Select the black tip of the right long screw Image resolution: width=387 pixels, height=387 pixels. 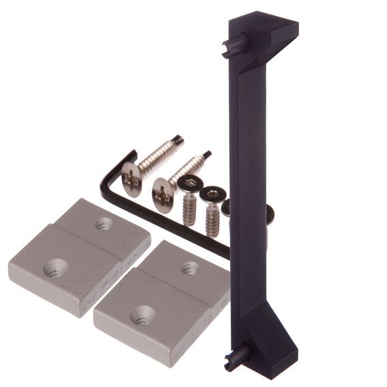click(206, 155)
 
